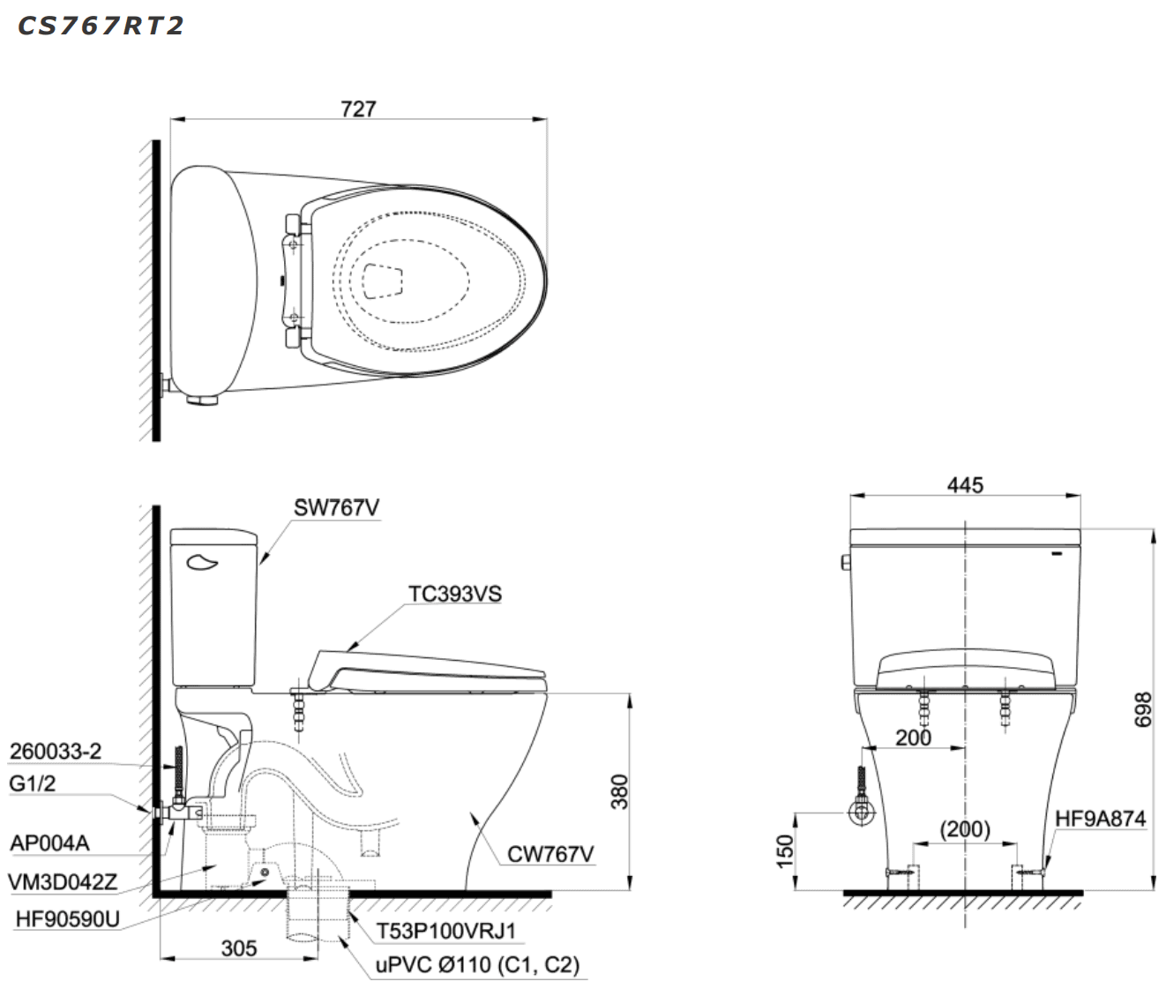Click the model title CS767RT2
click(101, 26)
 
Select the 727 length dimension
click(358, 109)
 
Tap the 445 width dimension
click(965, 484)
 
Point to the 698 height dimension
click(1142, 709)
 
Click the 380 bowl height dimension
click(620, 791)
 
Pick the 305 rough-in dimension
click(238, 948)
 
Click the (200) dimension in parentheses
click(965, 828)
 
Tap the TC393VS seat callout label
click(454, 594)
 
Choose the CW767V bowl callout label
click(549, 853)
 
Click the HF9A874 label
click(1100, 819)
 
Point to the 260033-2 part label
click(56, 751)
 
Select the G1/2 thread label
click(33, 783)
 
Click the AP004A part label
click(49, 843)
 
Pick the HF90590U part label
click(67, 919)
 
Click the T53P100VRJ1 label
click(446, 930)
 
